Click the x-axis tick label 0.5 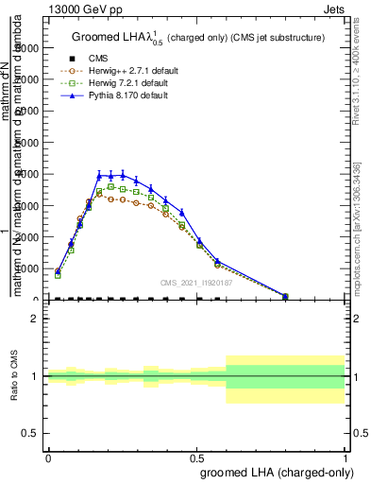196,457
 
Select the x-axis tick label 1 345,457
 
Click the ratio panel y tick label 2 38,319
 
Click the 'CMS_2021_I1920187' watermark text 197,283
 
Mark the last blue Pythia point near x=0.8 285,295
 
